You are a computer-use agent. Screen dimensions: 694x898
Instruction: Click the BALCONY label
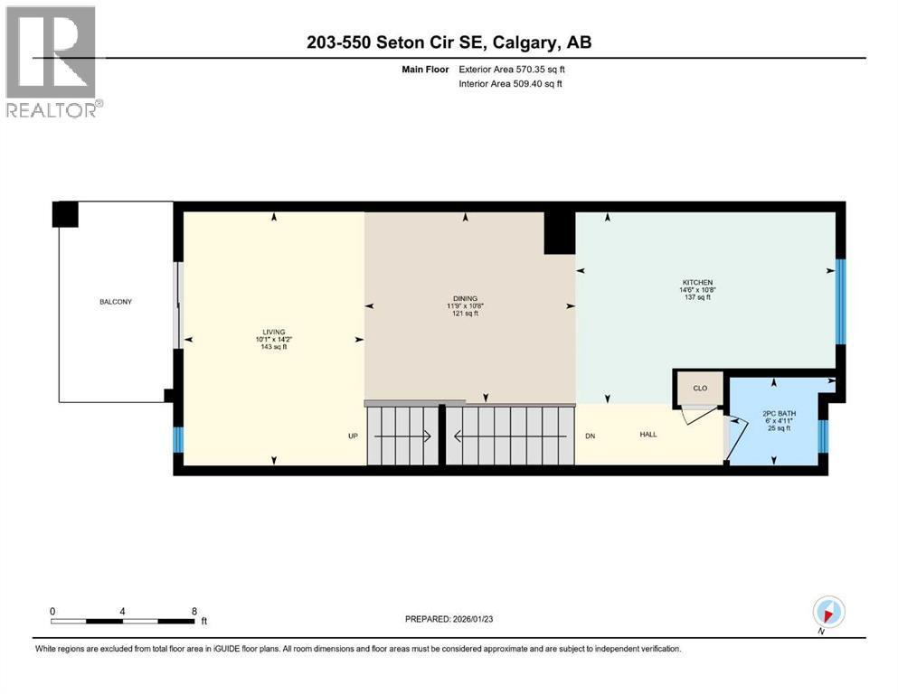coord(116,302)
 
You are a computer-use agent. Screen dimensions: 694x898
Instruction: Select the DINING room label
coord(465,299)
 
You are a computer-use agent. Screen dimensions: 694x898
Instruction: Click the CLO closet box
coord(699,388)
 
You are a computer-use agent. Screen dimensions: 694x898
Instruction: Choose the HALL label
coord(648,435)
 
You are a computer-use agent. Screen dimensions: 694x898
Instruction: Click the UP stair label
coord(354,436)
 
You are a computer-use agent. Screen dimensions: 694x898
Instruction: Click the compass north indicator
coord(828,612)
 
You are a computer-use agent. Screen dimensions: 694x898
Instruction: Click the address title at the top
coord(449,42)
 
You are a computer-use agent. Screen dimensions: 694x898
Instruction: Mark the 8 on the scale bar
coord(194,611)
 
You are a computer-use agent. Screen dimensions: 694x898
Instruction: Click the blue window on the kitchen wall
coord(839,301)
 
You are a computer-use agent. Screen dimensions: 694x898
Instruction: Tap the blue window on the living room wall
coord(178,439)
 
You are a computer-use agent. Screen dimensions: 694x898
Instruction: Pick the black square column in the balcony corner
coord(65,214)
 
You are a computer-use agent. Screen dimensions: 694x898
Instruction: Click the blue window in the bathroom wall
coord(822,436)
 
